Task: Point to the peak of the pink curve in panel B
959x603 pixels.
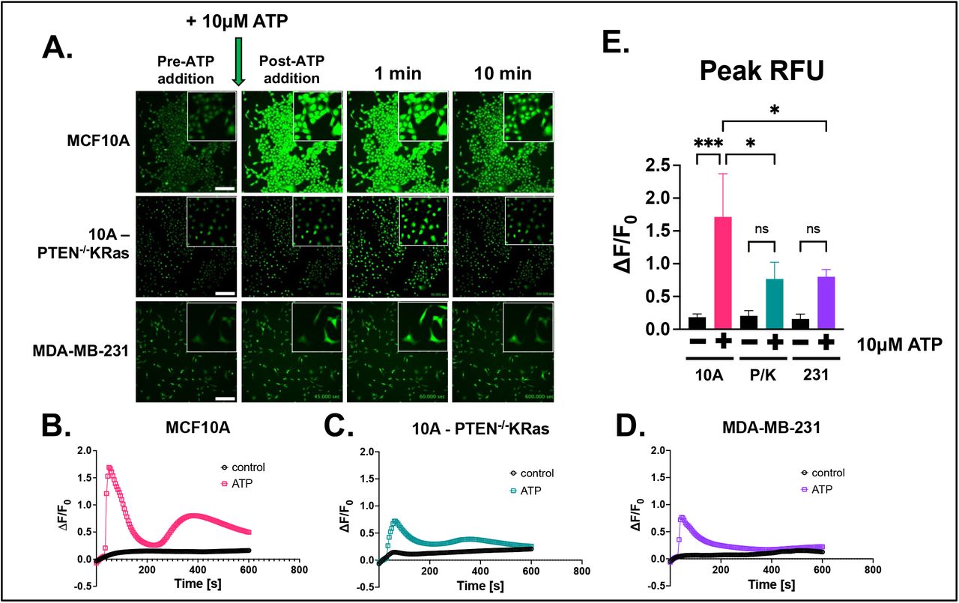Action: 109,468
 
